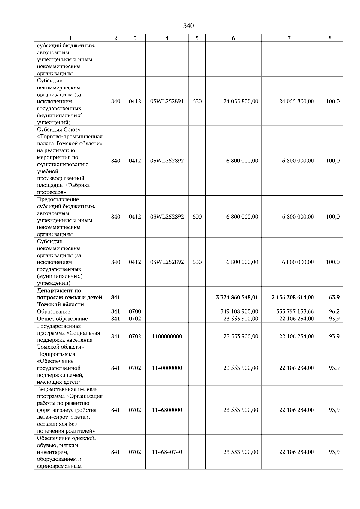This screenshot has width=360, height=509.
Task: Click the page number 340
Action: pos(188,26)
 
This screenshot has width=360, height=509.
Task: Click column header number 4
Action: pos(167,38)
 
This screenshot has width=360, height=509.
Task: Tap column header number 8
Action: pos(330,38)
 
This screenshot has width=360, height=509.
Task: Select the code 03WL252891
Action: pos(167,101)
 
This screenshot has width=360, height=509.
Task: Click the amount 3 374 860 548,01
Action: pos(237,297)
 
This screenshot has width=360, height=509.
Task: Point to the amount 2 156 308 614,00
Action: pos(292,297)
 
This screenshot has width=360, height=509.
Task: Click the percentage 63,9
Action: pos(334,297)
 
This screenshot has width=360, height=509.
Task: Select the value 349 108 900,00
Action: pos(239,311)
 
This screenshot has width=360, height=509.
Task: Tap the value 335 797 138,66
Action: pos(295,311)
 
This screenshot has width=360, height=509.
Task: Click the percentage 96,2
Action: pos(334,311)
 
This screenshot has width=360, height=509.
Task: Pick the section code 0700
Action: pos(135,311)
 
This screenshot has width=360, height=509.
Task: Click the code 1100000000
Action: pos(167,336)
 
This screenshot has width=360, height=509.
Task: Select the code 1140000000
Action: pos(167,368)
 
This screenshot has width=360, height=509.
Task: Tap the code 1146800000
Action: pos(167,410)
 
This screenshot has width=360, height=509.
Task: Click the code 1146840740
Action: pos(167,452)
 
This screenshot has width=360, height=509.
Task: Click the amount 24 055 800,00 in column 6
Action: pos(241,101)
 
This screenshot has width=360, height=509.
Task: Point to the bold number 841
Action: pos(115,297)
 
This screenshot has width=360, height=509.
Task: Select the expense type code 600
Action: pos(197,217)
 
